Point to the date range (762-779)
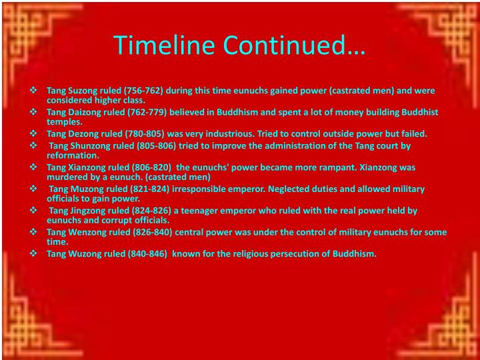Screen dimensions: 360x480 tap(143, 112)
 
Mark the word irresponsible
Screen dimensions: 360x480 tap(197, 189)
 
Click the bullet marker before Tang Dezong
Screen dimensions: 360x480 tap(34, 133)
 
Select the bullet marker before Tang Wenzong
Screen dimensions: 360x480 tap(34, 232)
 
